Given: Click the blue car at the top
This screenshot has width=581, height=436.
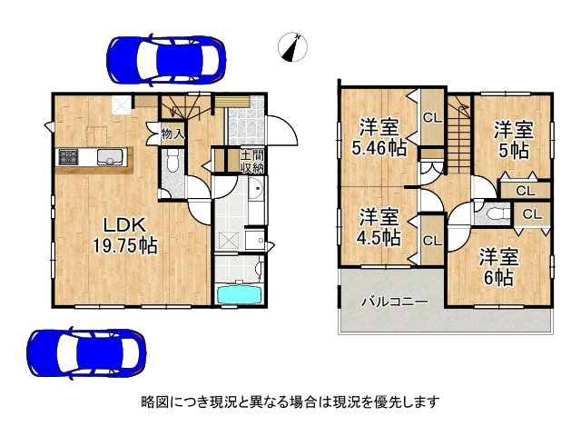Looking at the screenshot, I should pos(164,59).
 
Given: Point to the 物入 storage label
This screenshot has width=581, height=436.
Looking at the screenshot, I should pos(172,134).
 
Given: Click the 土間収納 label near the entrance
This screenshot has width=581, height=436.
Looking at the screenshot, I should pos(251,161).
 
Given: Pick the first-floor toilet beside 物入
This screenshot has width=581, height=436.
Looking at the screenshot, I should pos(172,164).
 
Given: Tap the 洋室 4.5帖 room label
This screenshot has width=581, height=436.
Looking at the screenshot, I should pos(379,227).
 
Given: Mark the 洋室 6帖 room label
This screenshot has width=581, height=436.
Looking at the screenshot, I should pos(497,266).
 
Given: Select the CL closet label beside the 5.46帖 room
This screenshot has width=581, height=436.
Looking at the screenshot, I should pos(432,116).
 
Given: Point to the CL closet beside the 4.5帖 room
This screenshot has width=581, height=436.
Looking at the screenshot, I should pos(431,240).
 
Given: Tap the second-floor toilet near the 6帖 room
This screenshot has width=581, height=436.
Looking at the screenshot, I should pos(491,215).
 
